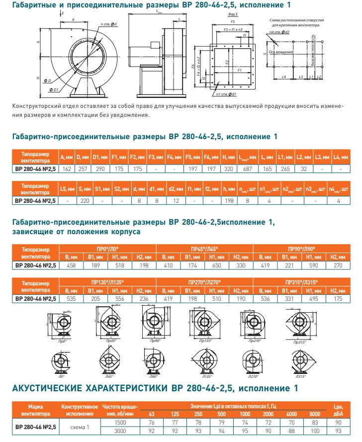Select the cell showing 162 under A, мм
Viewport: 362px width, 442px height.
[67, 170]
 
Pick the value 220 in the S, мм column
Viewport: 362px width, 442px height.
[84, 201]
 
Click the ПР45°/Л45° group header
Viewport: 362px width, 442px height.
[204, 248]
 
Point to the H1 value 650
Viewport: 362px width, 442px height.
[217, 265]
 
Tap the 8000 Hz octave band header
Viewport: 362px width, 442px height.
[315, 414]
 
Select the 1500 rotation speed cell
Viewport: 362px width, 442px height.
[121, 422]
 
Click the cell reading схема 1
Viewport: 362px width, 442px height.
[81, 426]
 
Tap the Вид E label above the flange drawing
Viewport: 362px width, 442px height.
[233, 16]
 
